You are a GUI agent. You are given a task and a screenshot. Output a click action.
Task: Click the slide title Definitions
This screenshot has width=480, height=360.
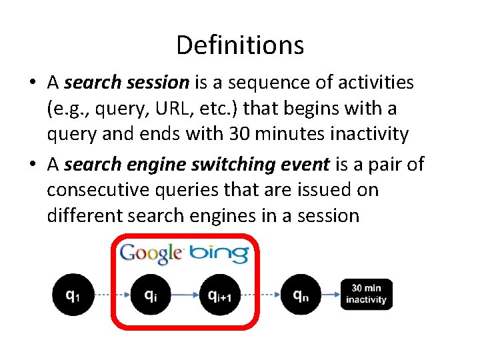coord(240,45)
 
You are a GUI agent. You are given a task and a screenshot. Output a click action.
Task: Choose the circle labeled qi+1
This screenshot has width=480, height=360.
coord(219,294)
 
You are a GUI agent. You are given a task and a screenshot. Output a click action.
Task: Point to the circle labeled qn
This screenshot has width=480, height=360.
coord(300,294)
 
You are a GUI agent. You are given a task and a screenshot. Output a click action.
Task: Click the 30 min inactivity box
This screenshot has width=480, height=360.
coord(366,294)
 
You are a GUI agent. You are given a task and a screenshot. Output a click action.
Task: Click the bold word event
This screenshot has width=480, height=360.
coord(303,164)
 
